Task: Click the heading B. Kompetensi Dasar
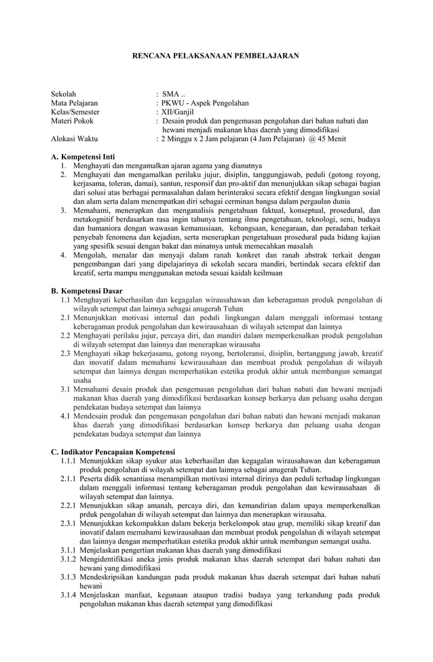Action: tap(87, 290)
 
